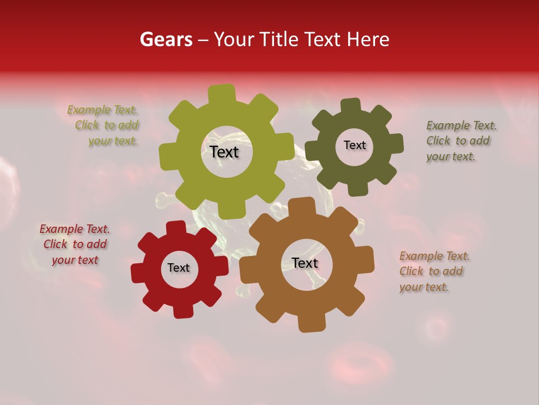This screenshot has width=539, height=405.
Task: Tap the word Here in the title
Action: pos(368,39)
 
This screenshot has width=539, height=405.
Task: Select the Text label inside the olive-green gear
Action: pos(224,152)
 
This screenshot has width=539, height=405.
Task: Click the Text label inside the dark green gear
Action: pos(354,145)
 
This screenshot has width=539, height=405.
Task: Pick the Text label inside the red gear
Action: pos(179,268)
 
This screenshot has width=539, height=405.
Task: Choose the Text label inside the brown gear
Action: pos(304,263)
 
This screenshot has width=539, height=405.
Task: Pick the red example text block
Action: pos(75,244)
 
